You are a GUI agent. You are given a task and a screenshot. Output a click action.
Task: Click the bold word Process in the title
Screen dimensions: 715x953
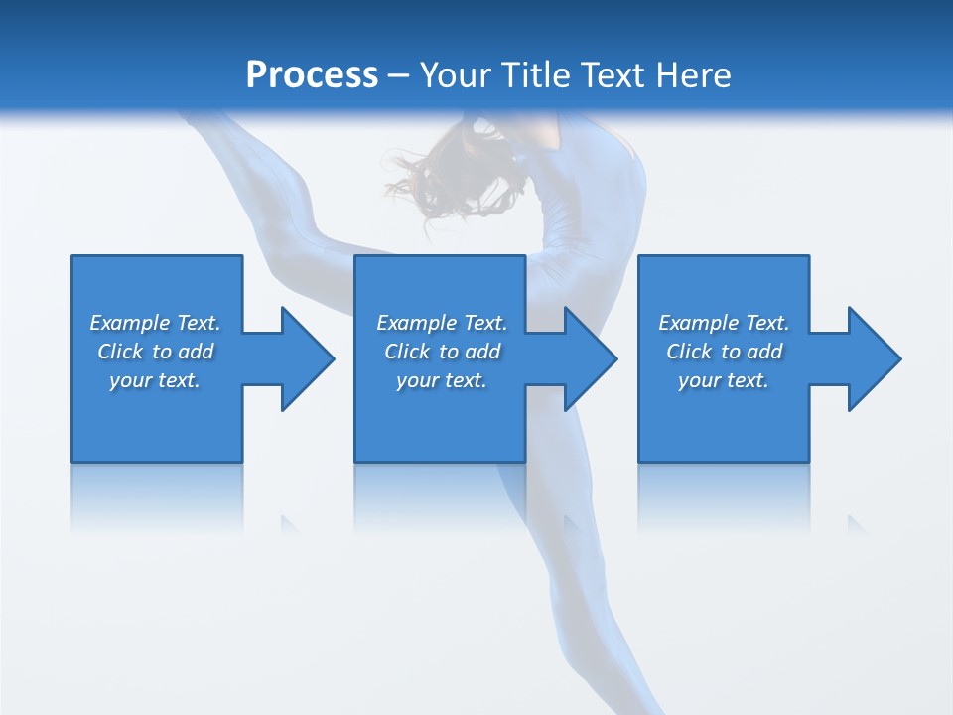tap(312, 75)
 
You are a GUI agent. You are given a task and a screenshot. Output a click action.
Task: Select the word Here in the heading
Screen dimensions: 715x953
tap(693, 75)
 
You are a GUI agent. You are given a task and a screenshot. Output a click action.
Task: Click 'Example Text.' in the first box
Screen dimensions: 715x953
tap(155, 323)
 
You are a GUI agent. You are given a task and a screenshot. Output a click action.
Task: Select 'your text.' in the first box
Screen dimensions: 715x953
tap(155, 380)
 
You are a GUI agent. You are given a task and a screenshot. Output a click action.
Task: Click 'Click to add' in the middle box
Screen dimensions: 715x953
tap(442, 352)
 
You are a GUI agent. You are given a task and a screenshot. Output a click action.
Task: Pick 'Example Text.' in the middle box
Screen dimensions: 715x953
tap(442, 323)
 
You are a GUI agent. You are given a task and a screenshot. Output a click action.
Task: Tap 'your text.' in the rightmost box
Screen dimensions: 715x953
tap(724, 380)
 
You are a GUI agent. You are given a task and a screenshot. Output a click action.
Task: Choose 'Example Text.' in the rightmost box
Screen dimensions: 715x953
tap(724, 323)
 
